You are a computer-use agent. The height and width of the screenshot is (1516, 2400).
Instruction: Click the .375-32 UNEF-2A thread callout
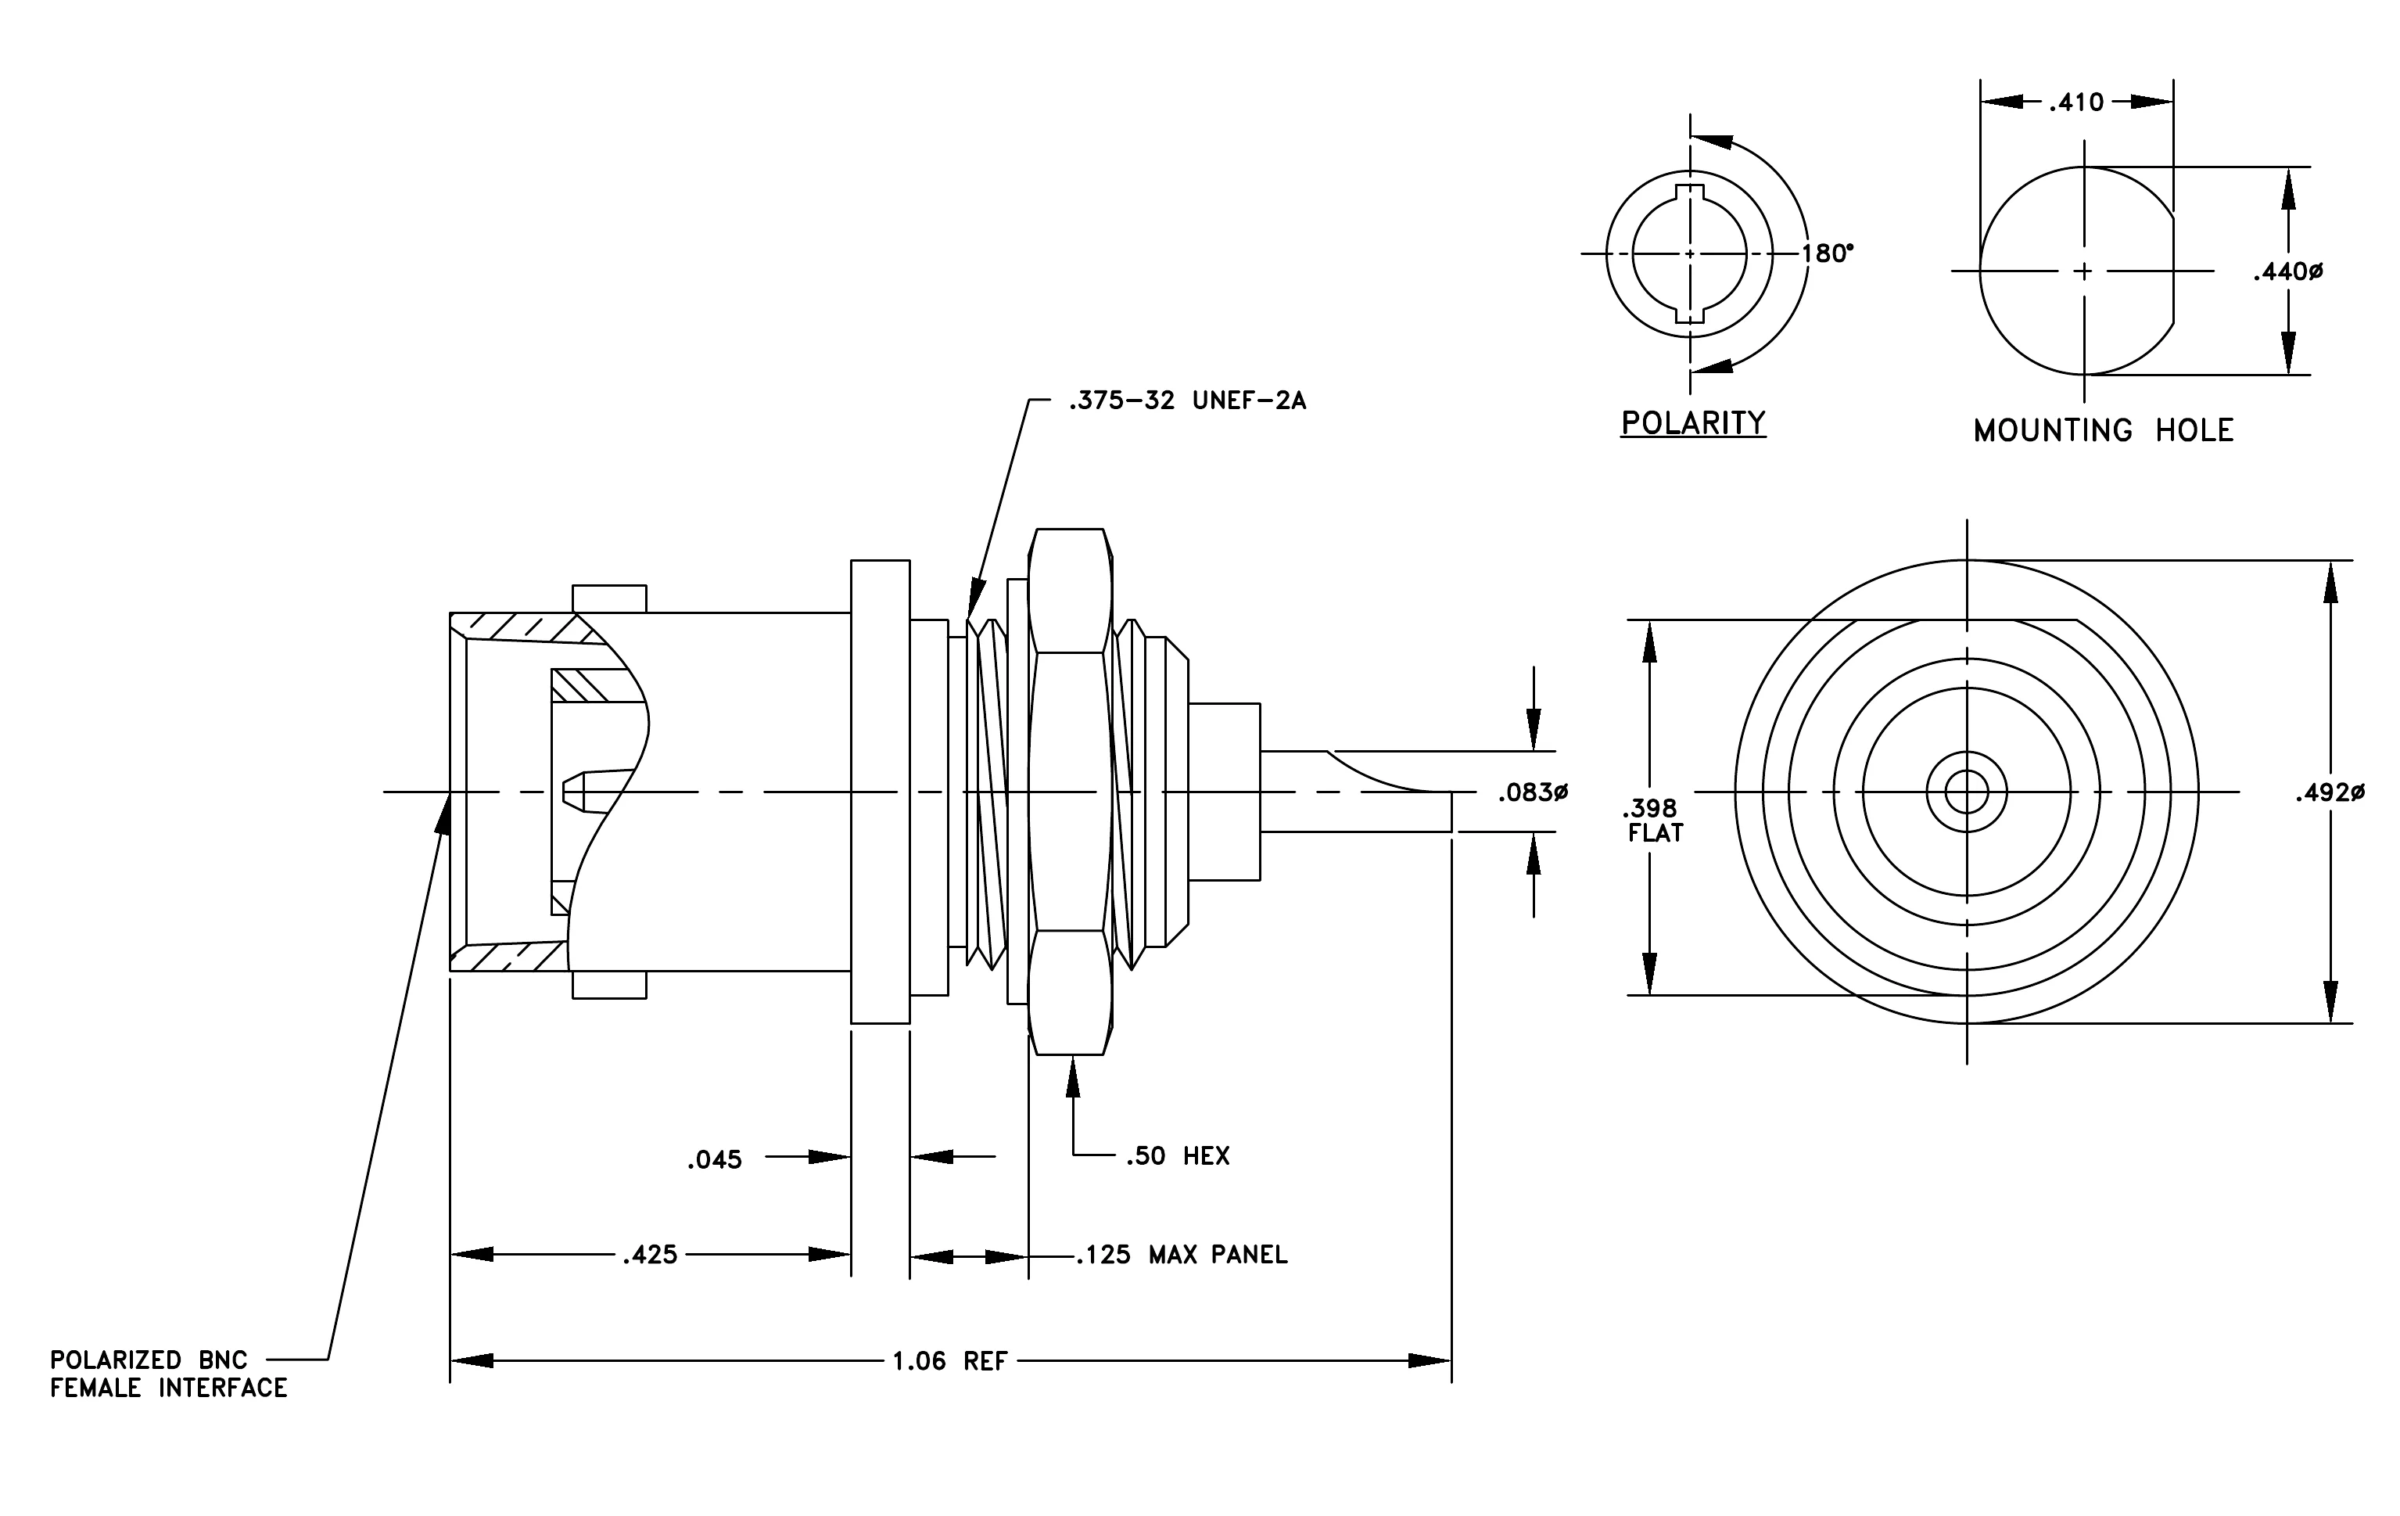click(1187, 401)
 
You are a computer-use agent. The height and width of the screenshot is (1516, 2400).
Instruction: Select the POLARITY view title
click(1692, 422)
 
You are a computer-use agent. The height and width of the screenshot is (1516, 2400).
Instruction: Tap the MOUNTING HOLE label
click(2103, 430)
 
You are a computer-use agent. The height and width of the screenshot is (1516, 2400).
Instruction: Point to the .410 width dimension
click(2076, 102)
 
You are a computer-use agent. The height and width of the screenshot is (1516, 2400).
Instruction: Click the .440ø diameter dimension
click(2287, 271)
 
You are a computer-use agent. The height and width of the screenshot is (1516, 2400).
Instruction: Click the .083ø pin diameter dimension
click(1533, 792)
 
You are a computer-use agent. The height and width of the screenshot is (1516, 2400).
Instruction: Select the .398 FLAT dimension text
click(1656, 821)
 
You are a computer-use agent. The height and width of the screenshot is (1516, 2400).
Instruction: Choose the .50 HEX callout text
click(1178, 1156)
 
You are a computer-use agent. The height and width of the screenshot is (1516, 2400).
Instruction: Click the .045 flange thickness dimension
click(715, 1160)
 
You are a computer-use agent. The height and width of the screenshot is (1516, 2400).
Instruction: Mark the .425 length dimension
click(650, 1255)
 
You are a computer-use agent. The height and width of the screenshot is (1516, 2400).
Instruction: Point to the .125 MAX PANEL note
click(1182, 1255)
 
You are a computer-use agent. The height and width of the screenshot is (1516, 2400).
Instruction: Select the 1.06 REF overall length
click(950, 1362)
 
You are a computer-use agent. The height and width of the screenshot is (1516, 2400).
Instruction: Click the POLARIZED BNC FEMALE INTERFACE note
click(168, 1374)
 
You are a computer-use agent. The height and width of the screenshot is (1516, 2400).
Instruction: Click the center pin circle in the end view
click(1967, 793)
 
